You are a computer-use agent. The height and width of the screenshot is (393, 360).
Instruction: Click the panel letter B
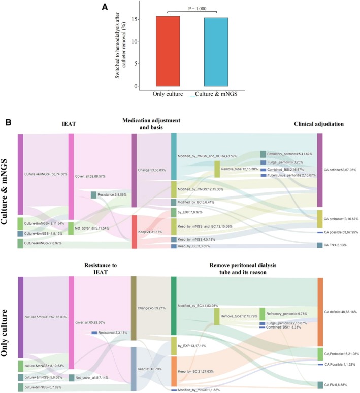click(8, 123)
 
